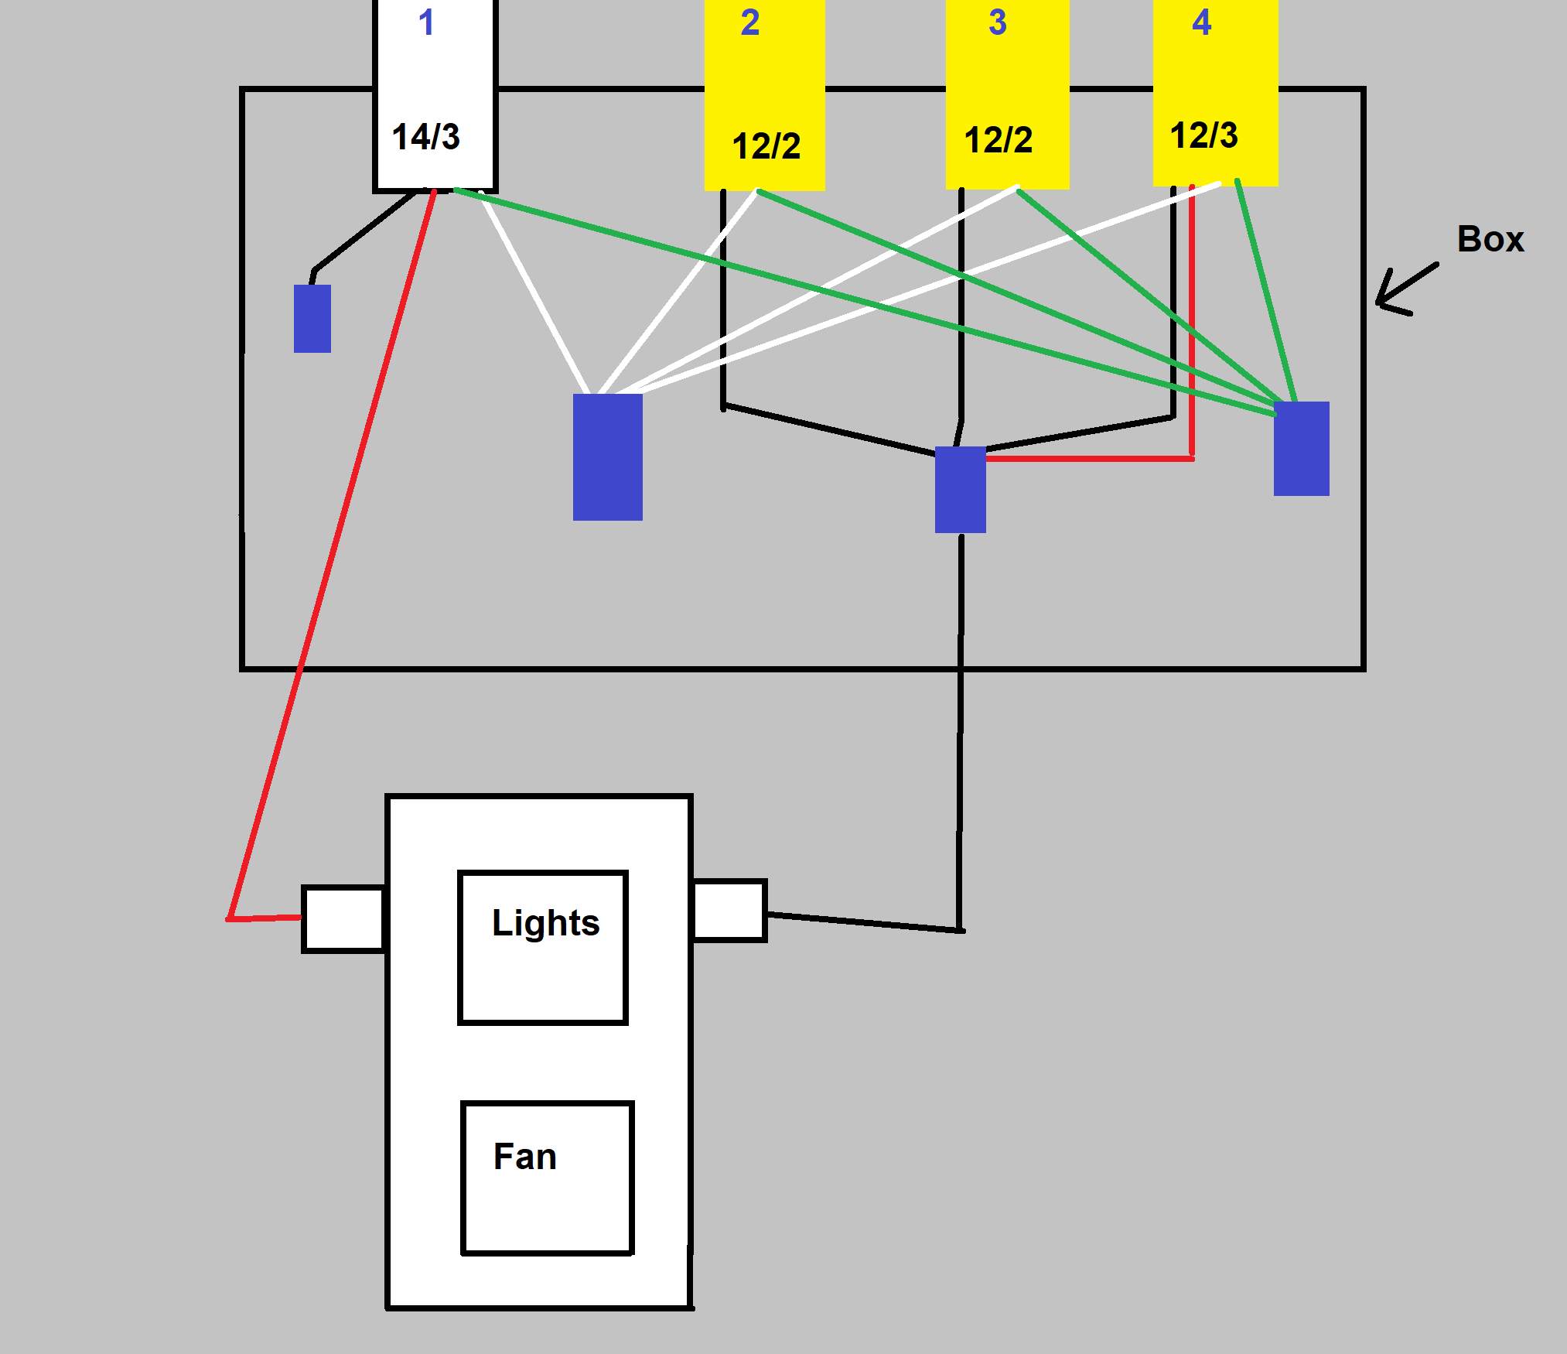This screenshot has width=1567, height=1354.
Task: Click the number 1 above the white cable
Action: (x=426, y=22)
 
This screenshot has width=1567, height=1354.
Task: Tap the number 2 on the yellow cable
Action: (x=749, y=22)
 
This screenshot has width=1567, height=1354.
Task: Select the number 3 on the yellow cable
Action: (x=998, y=22)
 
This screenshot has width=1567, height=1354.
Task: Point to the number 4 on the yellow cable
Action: (x=1201, y=22)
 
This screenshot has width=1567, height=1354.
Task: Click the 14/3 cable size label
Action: (x=426, y=137)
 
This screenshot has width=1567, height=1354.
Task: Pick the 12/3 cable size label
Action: (x=1203, y=135)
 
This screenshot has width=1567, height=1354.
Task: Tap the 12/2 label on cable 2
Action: (x=766, y=146)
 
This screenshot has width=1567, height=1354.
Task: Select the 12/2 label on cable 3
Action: (x=998, y=140)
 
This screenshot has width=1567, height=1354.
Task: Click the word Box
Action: (x=1490, y=239)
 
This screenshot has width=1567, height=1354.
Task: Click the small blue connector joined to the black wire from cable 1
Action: (x=312, y=319)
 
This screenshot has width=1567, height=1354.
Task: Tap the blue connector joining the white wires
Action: (x=607, y=456)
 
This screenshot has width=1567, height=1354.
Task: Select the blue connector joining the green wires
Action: (x=1301, y=448)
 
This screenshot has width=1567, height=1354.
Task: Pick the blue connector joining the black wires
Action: (x=960, y=489)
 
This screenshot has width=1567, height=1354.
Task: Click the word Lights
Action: (x=545, y=922)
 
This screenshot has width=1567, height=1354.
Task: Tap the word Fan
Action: (x=524, y=1157)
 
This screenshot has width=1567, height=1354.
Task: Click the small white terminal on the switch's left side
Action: (x=343, y=919)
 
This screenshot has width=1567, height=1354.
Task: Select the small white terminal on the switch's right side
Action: (x=729, y=911)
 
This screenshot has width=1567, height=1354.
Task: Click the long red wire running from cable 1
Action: (x=333, y=557)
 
